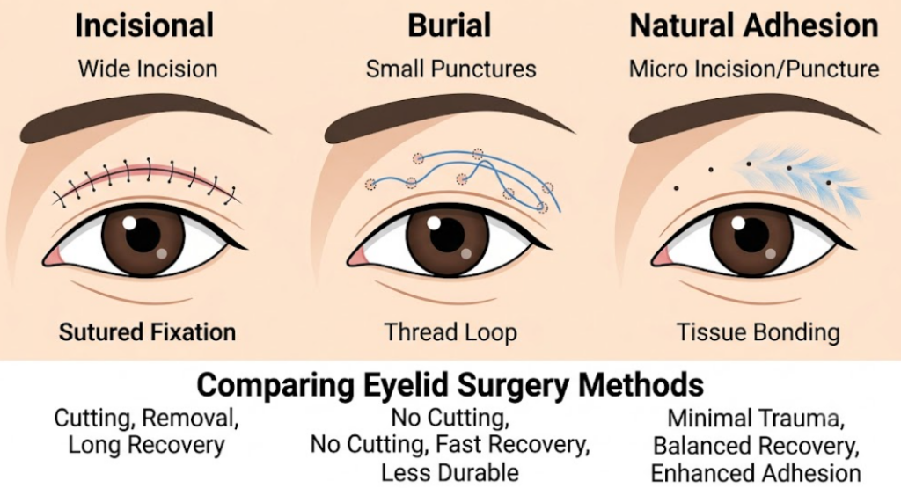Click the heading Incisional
click(144, 25)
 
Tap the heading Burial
click(450, 25)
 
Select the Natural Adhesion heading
click(754, 25)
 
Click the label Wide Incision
click(148, 69)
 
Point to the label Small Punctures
click(451, 69)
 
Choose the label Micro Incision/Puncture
click(754, 69)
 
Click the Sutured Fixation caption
click(148, 332)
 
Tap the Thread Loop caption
click(450, 332)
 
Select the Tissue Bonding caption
click(758, 332)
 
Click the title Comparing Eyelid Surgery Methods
click(450, 384)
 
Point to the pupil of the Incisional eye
click(143, 235)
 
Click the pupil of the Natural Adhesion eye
click(751, 235)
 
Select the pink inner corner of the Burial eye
click(358, 258)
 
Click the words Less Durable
click(450, 472)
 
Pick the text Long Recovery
click(147, 445)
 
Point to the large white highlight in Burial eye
click(434, 222)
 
